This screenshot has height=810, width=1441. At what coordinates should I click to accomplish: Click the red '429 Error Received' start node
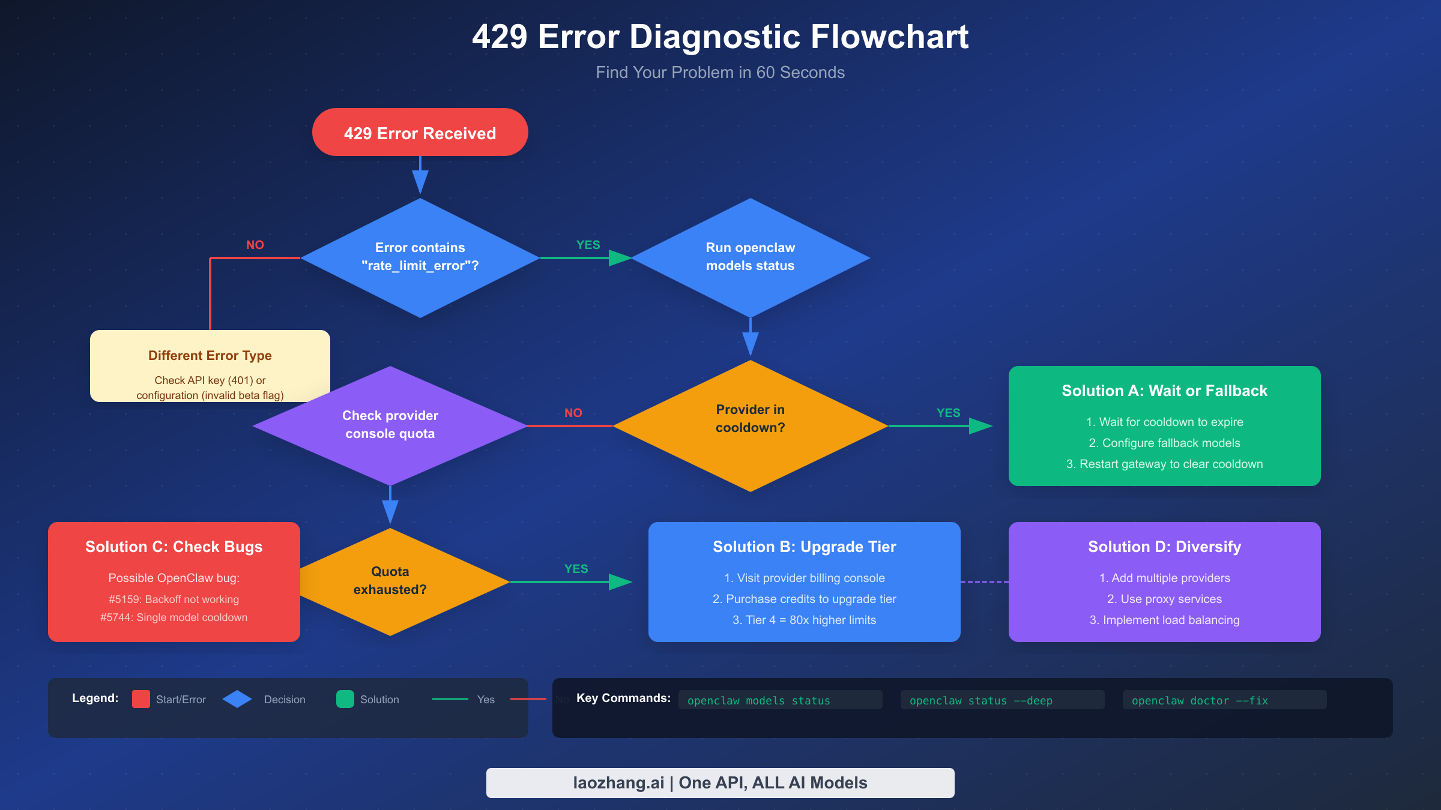[x=420, y=133]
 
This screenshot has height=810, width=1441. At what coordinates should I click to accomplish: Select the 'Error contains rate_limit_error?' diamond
[x=420, y=257]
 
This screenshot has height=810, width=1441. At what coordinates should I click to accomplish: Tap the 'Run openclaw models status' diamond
[x=750, y=257]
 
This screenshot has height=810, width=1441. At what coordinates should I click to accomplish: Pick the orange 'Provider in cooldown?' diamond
[x=750, y=425]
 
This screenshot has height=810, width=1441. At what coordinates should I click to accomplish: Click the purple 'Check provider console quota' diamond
[x=390, y=425]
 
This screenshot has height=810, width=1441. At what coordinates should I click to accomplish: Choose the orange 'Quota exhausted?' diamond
[x=390, y=581]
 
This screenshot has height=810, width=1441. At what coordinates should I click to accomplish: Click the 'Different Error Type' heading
[x=210, y=355]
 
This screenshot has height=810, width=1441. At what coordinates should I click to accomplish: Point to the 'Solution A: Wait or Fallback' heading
[x=1164, y=391]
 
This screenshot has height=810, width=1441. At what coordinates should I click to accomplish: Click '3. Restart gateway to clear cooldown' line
[x=1164, y=464]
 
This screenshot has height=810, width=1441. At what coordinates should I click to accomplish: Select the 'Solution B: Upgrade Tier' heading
[x=804, y=547]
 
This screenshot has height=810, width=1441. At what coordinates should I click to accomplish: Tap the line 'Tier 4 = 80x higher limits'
[x=804, y=620]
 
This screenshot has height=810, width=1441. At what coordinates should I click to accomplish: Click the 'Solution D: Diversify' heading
[x=1164, y=547]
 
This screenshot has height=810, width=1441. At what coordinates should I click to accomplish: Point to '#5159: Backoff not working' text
[x=174, y=599]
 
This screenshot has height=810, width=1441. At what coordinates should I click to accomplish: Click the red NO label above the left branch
[x=255, y=245]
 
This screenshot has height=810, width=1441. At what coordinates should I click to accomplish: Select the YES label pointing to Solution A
[x=948, y=413]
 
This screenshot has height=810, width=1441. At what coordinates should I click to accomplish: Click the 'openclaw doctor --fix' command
[x=1200, y=700]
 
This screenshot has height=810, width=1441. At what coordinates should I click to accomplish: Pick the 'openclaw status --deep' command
[x=980, y=700]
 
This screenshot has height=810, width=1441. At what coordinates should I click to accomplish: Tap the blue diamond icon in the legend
[x=237, y=699]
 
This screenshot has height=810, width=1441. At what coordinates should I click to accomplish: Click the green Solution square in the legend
[x=345, y=699]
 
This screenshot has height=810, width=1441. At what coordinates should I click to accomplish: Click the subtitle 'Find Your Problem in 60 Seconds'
[x=720, y=73]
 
